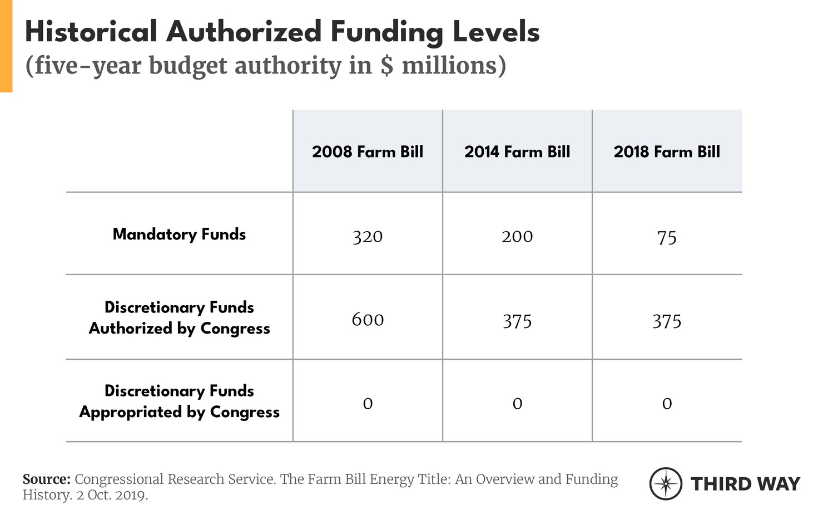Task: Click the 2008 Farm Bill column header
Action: [368, 152]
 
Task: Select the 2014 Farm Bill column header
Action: [517, 152]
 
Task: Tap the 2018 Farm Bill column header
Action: [667, 152]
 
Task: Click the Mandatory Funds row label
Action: [179, 234]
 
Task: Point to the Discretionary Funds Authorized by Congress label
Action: [179, 318]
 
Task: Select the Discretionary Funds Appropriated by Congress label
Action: [179, 401]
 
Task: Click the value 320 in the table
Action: [368, 237]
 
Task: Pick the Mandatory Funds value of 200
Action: [517, 237]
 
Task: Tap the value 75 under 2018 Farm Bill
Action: [667, 238]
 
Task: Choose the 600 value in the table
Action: [368, 320]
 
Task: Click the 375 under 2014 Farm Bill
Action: [517, 321]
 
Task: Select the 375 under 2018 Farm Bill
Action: [667, 321]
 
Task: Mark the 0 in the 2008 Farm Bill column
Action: [368, 404]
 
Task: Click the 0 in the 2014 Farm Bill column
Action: [517, 404]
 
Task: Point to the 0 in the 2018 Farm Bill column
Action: [667, 404]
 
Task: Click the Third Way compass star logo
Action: [666, 483]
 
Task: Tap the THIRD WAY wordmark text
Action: [745, 484]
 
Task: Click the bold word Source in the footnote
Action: [46, 479]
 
